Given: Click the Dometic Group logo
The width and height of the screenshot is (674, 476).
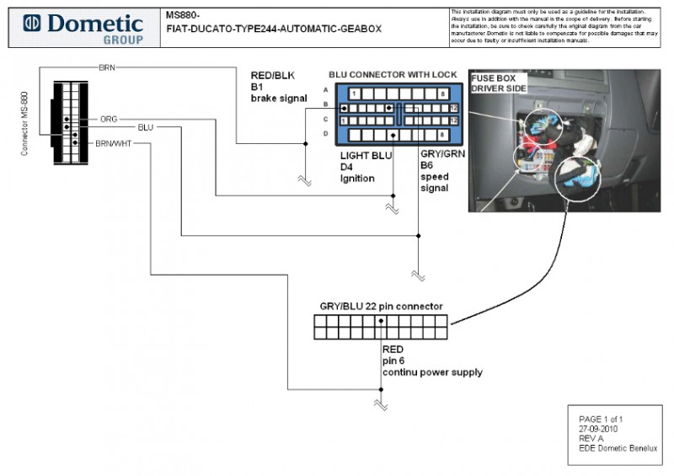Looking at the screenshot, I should click(84, 28).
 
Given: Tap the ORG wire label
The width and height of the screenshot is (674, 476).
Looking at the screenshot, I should click(109, 119).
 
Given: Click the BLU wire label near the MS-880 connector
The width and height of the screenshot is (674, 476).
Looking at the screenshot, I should click(145, 127).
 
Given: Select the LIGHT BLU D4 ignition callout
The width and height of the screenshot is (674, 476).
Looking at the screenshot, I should click(366, 167).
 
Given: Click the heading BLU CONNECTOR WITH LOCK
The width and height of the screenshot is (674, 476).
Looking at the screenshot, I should click(393, 75).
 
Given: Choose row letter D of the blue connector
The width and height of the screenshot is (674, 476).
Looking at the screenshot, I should click(326, 134).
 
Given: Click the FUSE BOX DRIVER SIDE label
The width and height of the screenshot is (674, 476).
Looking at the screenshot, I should click(499, 83).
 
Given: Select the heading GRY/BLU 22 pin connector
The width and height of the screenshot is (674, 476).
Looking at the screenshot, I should click(381, 306).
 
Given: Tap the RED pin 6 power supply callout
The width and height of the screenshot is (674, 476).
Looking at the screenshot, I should click(432, 360).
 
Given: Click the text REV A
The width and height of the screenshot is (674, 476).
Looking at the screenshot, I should click(591, 438).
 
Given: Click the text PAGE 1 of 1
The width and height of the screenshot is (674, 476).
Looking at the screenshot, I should click(601, 419).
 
